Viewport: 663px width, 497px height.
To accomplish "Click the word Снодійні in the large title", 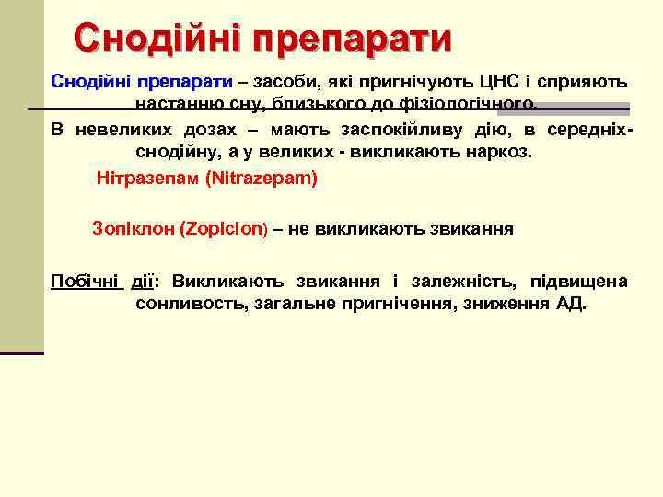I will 159,39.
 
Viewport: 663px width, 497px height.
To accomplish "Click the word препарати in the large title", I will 354,39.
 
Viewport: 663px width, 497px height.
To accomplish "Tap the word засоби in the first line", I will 281,82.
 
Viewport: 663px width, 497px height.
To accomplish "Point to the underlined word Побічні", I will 87,281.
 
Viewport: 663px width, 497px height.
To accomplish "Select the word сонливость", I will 187,305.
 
